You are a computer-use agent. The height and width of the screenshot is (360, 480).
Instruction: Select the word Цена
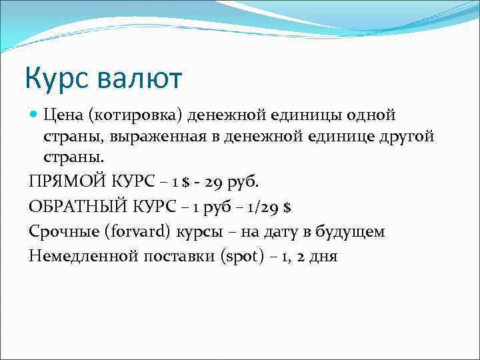[65, 115]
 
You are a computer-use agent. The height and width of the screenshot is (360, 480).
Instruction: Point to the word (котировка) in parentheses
[136, 115]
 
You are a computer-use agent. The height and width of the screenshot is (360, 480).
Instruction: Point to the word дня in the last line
[323, 256]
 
